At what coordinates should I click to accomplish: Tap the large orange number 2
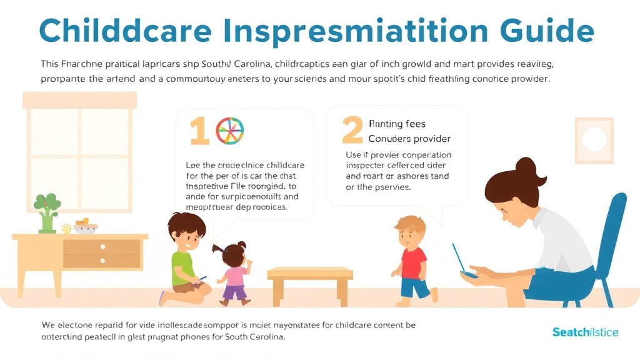click(x=352, y=131)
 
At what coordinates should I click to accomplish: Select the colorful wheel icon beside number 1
click(x=229, y=131)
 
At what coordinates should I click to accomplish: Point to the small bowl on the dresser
click(x=86, y=226)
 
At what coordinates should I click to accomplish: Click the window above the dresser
click(x=79, y=150)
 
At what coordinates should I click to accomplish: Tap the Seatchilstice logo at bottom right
click(x=585, y=332)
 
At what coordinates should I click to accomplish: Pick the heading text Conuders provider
click(x=409, y=139)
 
